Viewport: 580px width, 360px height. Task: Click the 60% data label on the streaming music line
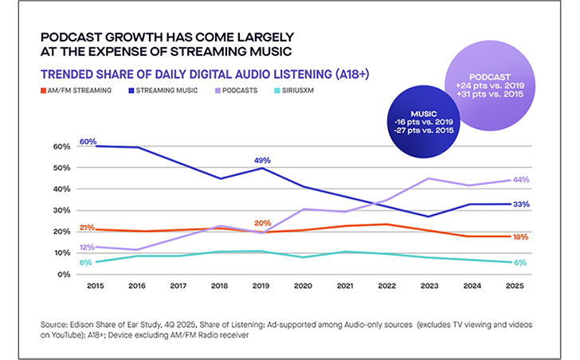(88, 142)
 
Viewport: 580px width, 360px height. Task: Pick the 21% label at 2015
(88, 228)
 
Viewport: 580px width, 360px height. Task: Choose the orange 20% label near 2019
(261, 223)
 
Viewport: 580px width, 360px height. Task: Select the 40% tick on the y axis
(61, 190)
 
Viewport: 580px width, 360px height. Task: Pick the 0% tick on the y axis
(64, 274)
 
